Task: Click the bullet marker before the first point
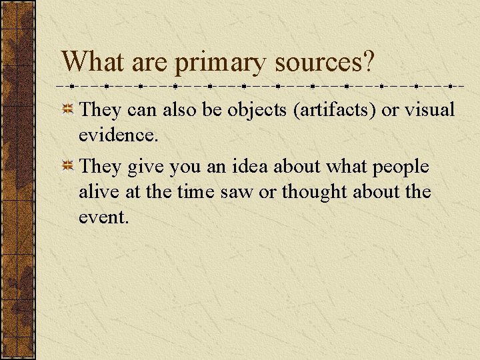tap(68, 109)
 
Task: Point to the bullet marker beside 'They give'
tap(68, 167)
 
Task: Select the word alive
tap(97, 192)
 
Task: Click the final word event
tap(103, 217)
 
